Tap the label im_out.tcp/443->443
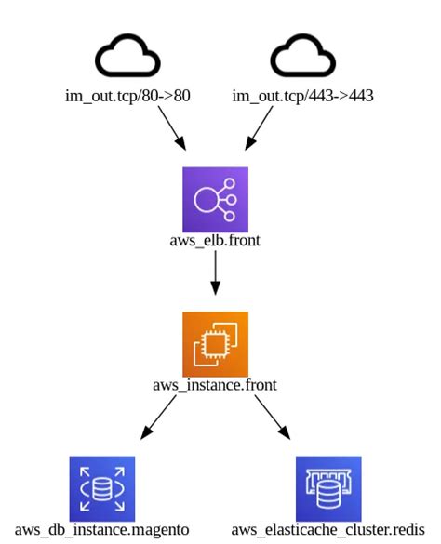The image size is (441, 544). click(302, 95)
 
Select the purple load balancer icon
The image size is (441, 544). click(215, 199)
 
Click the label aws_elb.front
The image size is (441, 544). click(215, 241)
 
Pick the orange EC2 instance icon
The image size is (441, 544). click(215, 343)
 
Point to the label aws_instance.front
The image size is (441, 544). click(215, 384)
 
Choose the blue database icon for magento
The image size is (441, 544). click(102, 488)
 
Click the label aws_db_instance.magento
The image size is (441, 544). click(102, 529)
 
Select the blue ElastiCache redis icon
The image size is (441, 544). click(328, 488)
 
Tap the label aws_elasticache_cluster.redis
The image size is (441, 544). click(328, 529)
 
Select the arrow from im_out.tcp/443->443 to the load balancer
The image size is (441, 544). click(259, 126)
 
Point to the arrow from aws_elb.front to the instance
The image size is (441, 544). click(215, 277)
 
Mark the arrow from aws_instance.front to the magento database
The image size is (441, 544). click(159, 418)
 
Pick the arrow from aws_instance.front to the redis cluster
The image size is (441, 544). click(271, 418)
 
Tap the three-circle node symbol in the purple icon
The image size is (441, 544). click(218, 199)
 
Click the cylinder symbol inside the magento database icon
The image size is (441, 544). click(102, 489)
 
